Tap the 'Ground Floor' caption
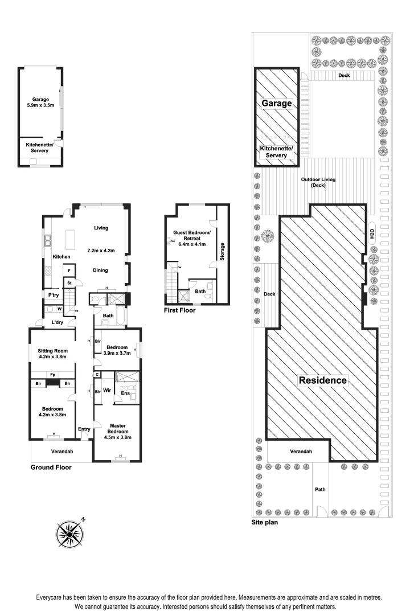[51, 468]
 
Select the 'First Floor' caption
[179, 310]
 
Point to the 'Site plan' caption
[264, 522]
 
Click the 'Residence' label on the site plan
[323, 380]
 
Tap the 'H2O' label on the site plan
[372, 233]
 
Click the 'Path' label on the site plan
[320, 489]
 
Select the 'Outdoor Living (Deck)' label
[318, 182]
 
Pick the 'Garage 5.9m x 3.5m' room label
[40, 102]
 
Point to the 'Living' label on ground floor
[101, 228]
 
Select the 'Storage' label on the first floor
[223, 253]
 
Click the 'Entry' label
[84, 429]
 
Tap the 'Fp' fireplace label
[52, 375]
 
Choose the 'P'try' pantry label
[54, 295]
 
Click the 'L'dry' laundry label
[56, 323]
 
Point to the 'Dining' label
[100, 270]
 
